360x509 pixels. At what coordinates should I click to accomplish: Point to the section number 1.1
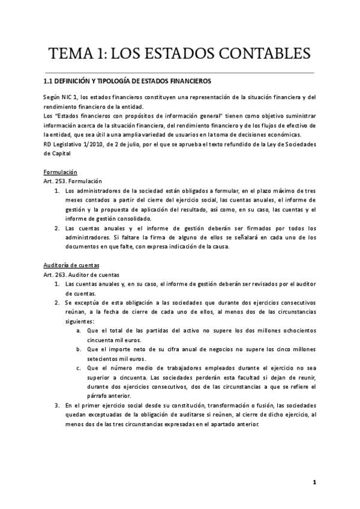pos(49,82)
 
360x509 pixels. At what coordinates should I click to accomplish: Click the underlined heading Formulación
pos(60,172)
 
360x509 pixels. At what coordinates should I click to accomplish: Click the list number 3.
pos(56,406)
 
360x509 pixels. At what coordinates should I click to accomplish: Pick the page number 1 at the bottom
pos(314,482)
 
